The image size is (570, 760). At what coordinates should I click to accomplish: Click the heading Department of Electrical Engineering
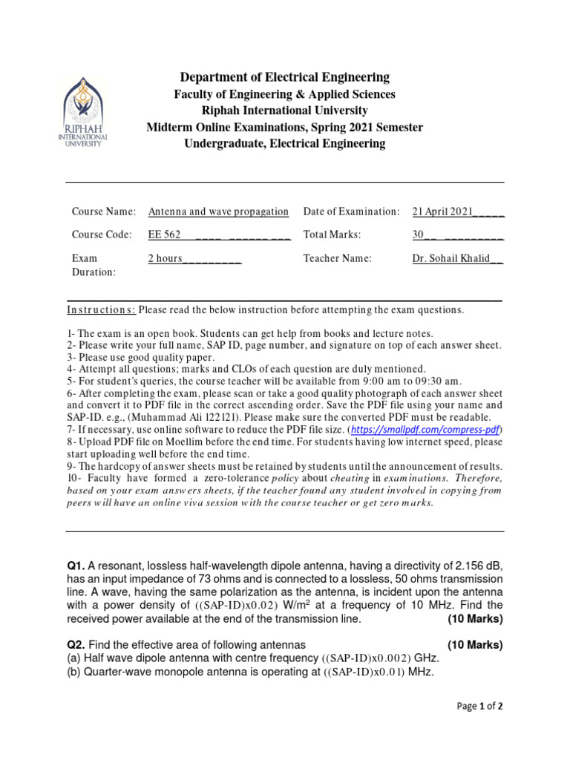click(285, 77)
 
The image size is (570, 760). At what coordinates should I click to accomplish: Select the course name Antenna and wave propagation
click(218, 212)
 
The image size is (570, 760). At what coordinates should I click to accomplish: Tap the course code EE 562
click(165, 235)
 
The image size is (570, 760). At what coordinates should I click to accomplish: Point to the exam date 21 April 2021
click(442, 212)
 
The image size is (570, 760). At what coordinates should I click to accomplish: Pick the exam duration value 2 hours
click(166, 258)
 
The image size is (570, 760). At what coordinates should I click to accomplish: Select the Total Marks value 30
click(418, 235)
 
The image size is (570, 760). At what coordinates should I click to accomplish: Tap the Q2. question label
click(78, 645)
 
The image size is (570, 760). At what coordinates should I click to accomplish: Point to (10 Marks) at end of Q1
click(475, 619)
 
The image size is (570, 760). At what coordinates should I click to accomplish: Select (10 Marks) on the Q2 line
click(475, 645)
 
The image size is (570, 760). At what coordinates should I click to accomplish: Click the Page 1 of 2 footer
click(479, 707)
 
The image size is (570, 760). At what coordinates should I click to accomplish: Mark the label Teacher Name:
click(337, 258)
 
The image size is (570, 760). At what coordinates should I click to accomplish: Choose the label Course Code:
click(102, 235)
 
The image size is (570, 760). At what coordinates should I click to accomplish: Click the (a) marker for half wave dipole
click(73, 658)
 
